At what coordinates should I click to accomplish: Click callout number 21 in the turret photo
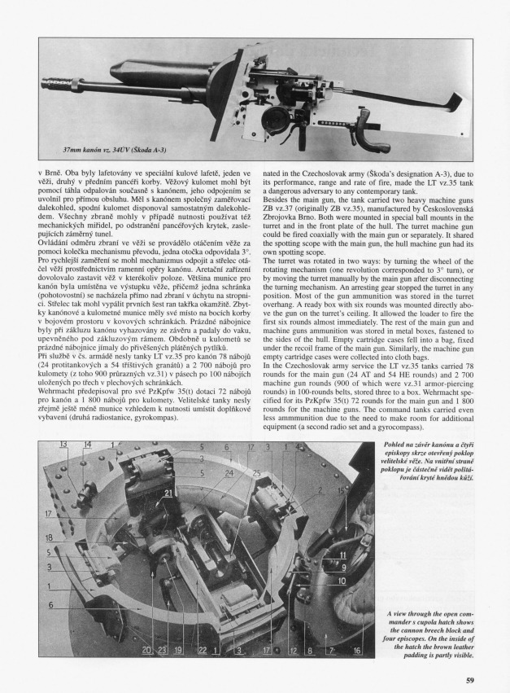pyautogui.click(x=169, y=493)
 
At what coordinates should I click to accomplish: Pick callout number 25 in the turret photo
pyautogui.click(x=257, y=473)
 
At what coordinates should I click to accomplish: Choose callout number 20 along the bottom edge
pyautogui.click(x=146, y=651)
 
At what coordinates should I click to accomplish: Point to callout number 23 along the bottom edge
pyautogui.click(x=162, y=651)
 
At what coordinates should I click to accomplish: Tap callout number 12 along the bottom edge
pyautogui.click(x=291, y=651)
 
